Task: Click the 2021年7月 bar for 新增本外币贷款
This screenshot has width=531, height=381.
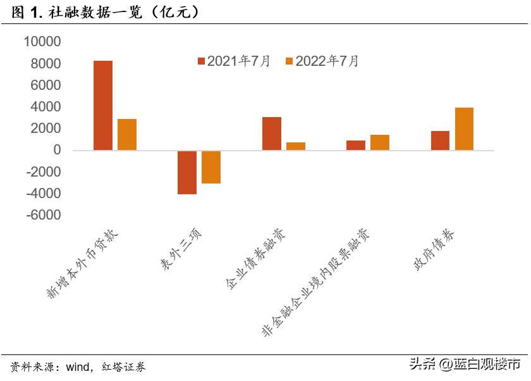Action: [x=103, y=106]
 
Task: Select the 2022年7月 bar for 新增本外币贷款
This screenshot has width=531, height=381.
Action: [x=127, y=135]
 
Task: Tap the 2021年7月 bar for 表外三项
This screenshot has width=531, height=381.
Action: [x=187, y=172]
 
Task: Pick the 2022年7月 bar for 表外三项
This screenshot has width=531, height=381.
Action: [x=211, y=167]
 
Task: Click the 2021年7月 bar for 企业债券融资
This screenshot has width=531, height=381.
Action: [x=272, y=134]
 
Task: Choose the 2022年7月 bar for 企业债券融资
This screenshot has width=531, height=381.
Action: [x=296, y=146]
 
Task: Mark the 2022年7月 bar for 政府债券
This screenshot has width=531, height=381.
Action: [x=465, y=129]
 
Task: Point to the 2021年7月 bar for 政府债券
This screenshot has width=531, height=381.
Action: [x=441, y=141]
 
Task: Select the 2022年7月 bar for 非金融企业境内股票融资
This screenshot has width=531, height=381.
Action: [x=380, y=142]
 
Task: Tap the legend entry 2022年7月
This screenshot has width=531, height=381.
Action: [x=322, y=61]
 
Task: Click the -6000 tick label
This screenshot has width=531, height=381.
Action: [x=43, y=215]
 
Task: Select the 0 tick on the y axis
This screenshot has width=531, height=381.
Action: [x=57, y=151]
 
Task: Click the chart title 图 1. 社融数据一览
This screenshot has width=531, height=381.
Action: [x=104, y=11]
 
